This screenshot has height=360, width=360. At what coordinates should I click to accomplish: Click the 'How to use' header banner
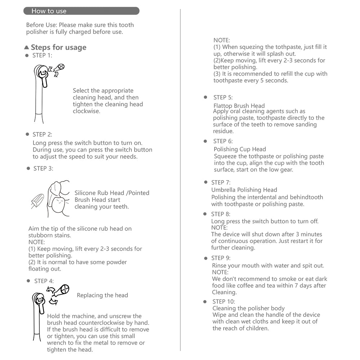(81, 11)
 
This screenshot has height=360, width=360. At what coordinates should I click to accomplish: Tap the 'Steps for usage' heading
(58, 47)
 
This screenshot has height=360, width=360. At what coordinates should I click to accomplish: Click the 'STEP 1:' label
(42, 55)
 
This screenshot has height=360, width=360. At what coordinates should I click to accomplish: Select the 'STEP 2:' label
(42, 135)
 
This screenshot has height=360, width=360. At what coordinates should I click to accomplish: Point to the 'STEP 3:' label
(43, 168)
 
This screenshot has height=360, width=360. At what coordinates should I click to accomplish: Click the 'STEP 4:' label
(44, 281)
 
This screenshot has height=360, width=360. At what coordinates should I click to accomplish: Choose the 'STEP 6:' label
(223, 141)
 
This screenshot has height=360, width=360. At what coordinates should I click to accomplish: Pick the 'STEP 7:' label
(221, 183)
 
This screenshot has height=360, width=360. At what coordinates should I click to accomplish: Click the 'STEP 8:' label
(221, 214)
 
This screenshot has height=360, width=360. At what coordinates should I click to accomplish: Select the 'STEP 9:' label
(221, 258)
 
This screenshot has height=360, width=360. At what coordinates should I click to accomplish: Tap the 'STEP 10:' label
(224, 302)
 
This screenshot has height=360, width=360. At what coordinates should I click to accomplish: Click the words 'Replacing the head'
(102, 295)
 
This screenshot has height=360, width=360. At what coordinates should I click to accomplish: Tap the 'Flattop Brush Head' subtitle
(239, 106)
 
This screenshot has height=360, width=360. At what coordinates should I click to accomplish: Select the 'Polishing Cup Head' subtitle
(240, 149)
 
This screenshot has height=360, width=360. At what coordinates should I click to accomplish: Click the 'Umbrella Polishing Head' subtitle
(244, 190)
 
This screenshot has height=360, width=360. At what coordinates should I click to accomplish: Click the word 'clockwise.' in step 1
(86, 111)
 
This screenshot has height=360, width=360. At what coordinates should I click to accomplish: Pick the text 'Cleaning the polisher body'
(248, 308)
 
